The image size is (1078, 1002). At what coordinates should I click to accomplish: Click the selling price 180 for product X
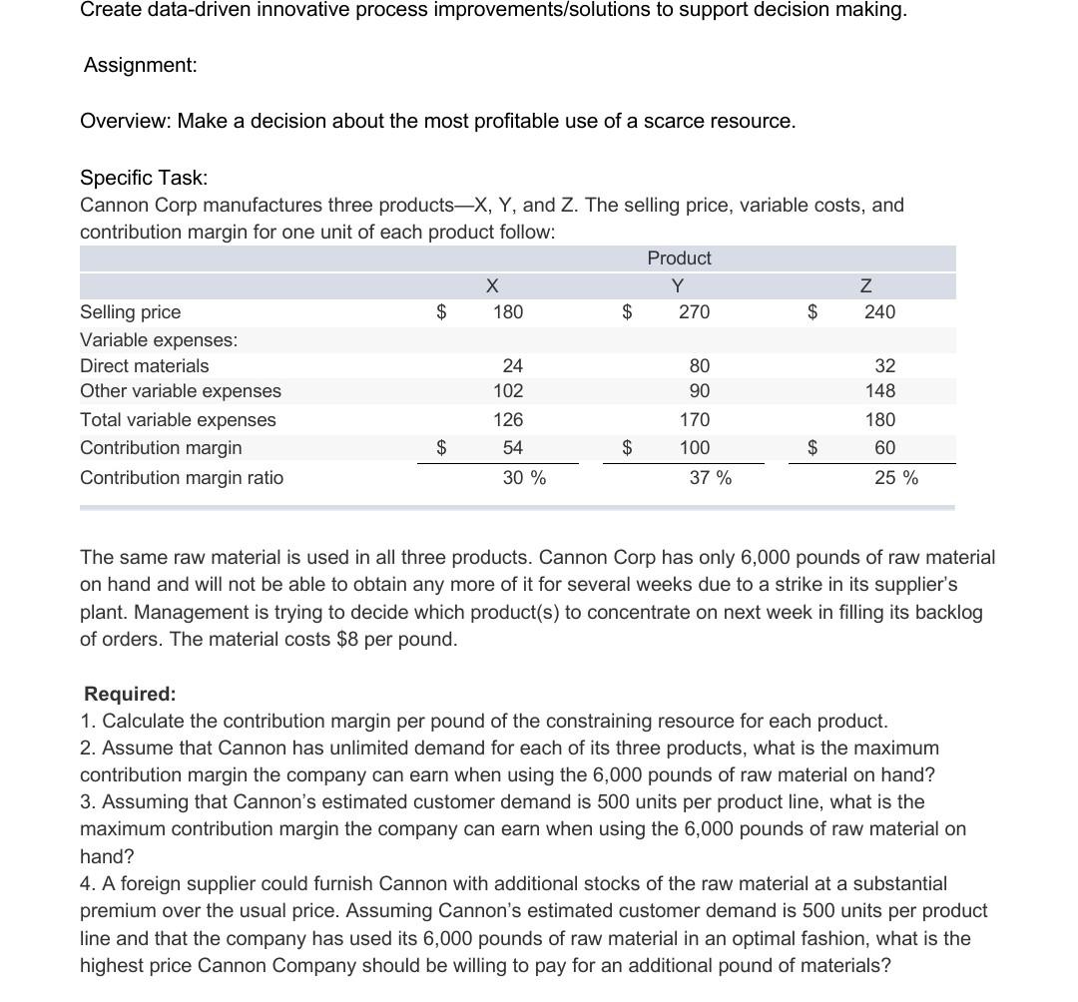[507, 312]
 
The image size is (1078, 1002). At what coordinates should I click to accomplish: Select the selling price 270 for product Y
[694, 312]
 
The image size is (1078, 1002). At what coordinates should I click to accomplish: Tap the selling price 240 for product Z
[879, 312]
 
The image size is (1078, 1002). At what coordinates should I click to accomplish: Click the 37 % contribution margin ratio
[710, 478]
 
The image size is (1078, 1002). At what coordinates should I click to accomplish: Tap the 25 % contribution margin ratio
[895, 478]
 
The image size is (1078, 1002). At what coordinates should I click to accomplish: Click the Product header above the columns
[679, 258]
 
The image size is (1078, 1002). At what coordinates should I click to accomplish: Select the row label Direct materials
[145, 366]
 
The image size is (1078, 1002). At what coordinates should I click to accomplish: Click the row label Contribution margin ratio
[182, 478]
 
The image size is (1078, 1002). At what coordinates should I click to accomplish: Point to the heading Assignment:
[140, 66]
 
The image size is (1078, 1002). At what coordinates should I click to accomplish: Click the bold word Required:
[130, 694]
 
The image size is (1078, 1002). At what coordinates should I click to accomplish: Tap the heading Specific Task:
[144, 178]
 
